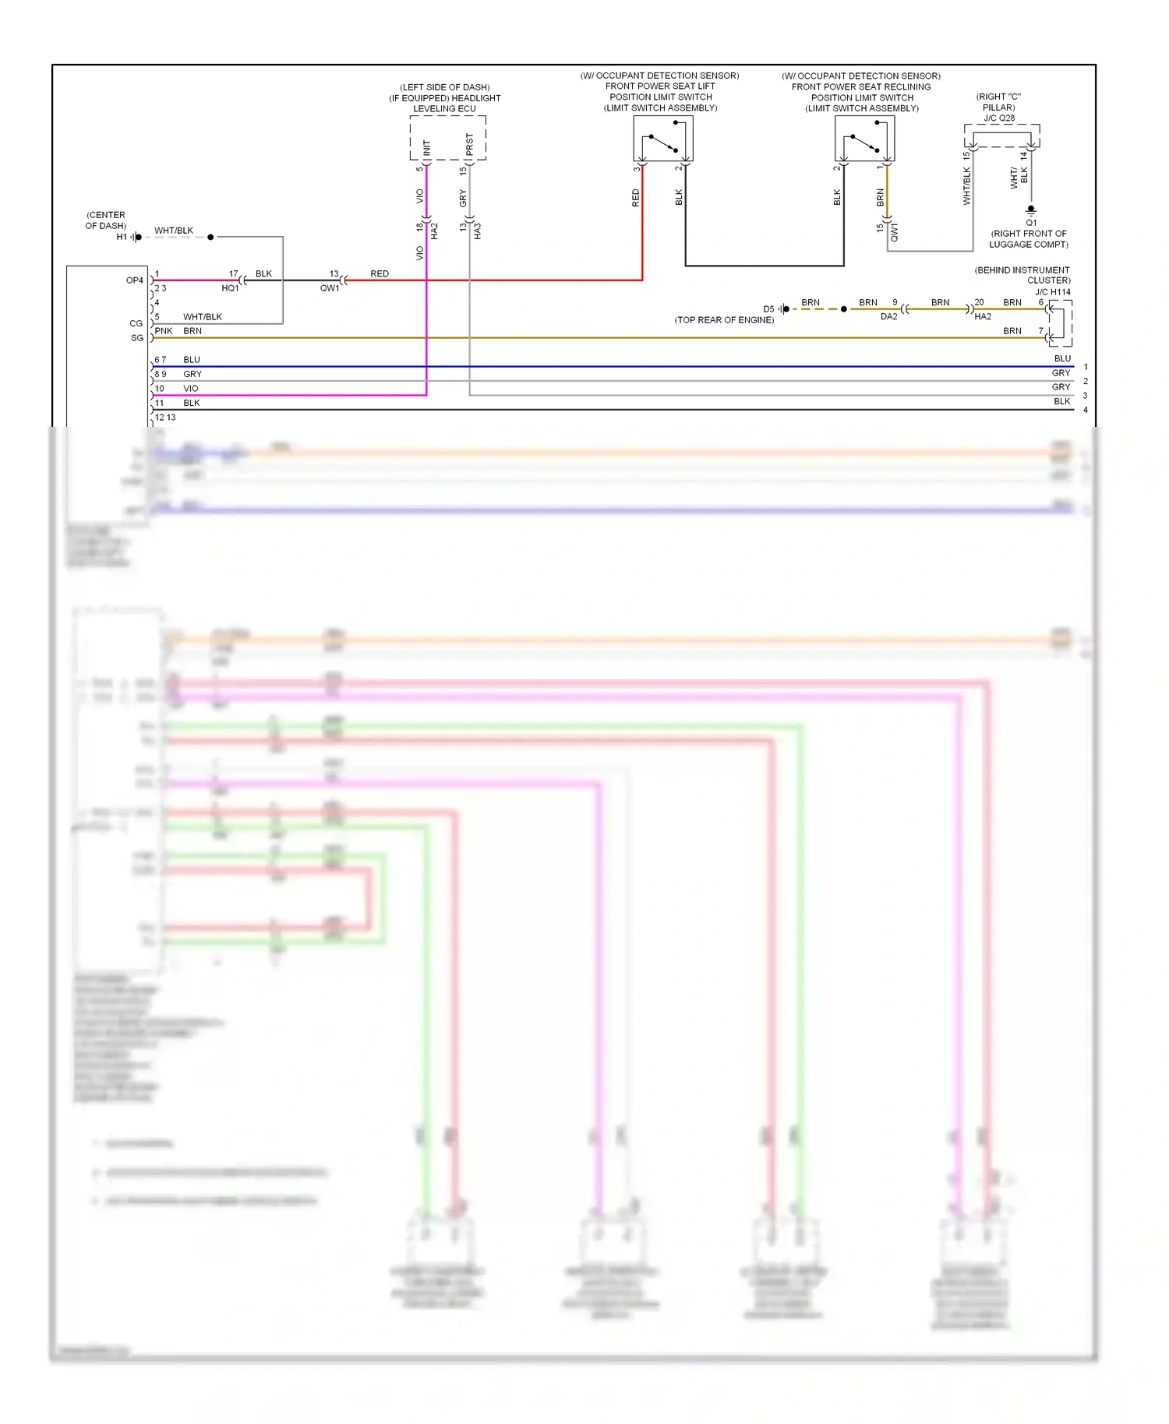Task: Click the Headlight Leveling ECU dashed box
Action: [448, 138]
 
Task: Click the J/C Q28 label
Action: [999, 118]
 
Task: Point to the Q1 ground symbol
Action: [1031, 210]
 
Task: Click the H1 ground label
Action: [122, 237]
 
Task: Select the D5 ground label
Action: [768, 309]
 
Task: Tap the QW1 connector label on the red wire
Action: [330, 288]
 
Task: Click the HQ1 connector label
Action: [230, 288]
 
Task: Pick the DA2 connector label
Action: [888, 317]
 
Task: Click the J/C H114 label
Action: [1052, 292]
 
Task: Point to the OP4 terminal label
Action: [135, 280]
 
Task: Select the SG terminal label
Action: [137, 338]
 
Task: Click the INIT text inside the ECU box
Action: [426, 147]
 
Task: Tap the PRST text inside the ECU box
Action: [469, 144]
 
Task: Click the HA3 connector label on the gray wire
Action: [478, 231]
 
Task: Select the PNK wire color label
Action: [164, 331]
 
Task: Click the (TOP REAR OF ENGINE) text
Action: [724, 320]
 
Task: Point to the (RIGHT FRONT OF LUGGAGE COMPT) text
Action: [1029, 239]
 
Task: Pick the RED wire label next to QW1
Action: [380, 273]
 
